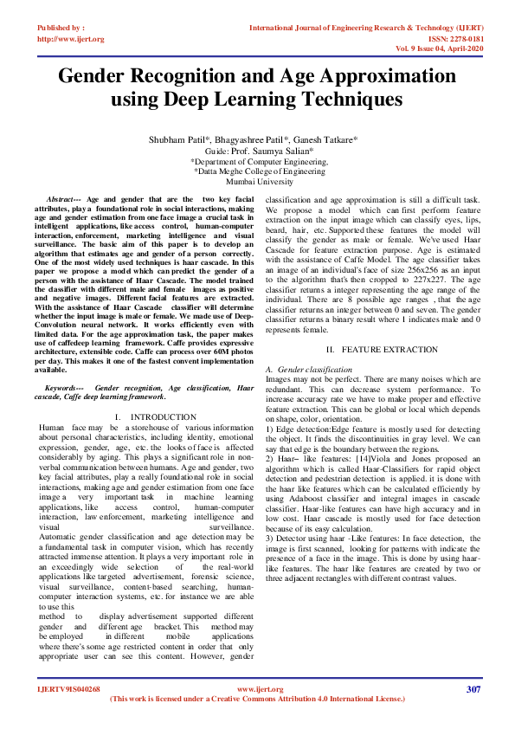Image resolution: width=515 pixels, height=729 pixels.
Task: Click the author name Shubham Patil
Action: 178,139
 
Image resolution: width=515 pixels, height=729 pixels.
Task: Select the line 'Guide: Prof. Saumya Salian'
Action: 256,151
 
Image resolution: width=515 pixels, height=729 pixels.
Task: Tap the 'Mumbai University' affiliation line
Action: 256,183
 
